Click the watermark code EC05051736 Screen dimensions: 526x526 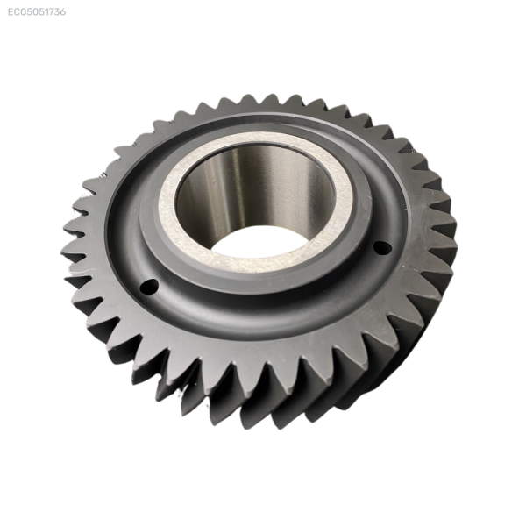[x=37, y=12]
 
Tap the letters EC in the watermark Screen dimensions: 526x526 [x=13, y=12]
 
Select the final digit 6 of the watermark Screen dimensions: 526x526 [x=63, y=12]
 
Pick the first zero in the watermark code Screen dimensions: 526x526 [x=23, y=12]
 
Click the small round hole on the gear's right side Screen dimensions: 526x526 [x=382, y=248]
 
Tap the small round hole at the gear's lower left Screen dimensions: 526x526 [x=149, y=287]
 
